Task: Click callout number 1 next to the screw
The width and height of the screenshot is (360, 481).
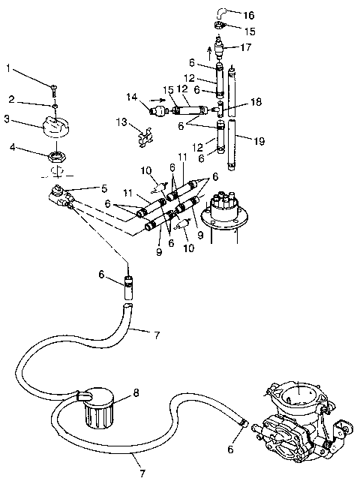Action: coord(10,69)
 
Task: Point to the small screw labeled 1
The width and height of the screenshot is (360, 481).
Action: coord(53,90)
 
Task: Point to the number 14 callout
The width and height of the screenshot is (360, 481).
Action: coord(132,97)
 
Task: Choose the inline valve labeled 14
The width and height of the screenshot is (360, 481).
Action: coord(157,110)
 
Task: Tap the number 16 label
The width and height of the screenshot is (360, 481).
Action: coord(249,14)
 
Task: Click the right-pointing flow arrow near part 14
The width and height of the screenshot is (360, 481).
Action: coord(156,97)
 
